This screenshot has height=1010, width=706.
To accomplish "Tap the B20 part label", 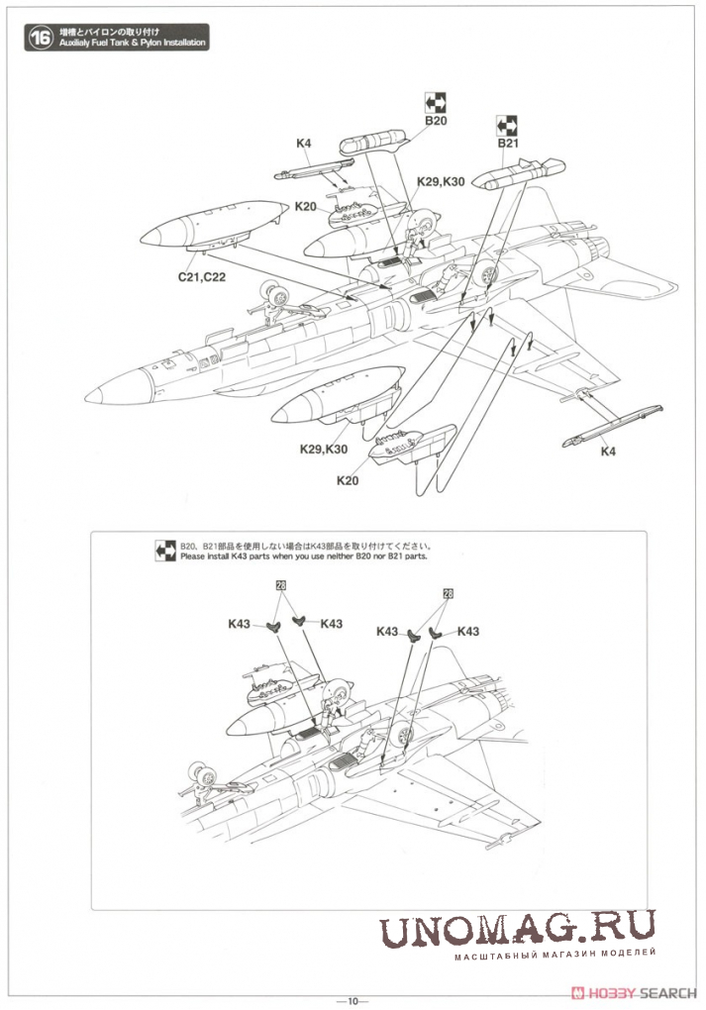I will coord(436,121).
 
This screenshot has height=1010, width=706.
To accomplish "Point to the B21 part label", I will coord(508,144).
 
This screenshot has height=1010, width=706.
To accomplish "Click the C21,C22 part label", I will coord(202,277).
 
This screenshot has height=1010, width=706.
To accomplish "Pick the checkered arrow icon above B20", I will coord(436,101).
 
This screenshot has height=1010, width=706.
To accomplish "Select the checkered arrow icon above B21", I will coord(508,125).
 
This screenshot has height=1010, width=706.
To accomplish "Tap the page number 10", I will coord(353,999).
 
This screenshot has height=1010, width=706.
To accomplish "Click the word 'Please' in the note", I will coord(193,556).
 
